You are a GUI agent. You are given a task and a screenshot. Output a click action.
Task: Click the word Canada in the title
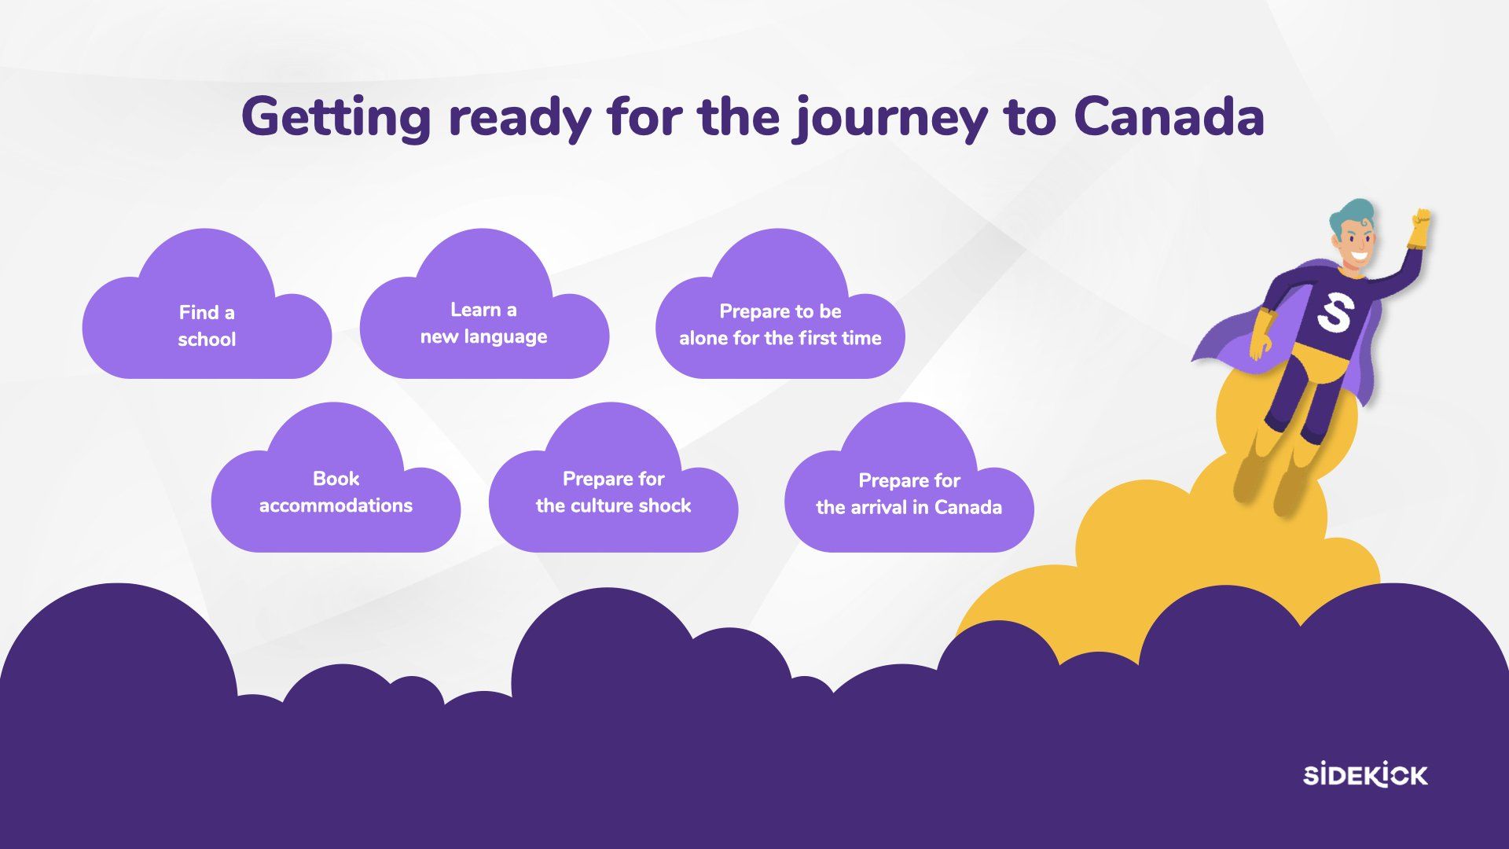click(1169, 116)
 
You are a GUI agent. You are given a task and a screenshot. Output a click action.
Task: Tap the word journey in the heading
click(890, 119)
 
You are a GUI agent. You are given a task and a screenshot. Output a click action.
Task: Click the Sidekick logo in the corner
click(1365, 775)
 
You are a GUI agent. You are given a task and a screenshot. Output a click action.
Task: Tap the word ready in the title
click(520, 119)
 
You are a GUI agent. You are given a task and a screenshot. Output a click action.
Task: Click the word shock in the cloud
click(665, 505)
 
